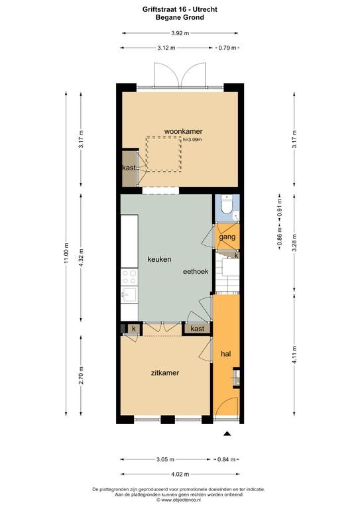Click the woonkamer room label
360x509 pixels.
coord(183,131)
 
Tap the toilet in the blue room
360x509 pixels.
coord(227,205)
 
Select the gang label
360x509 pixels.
coord(227,237)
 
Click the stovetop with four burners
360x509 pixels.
coord(129,277)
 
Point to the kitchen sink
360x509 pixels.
coord(129,295)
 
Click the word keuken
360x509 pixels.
coord(159,259)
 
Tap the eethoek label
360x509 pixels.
coord(196,271)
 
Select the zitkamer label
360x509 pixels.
coord(165,373)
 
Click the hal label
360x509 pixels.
coord(225,353)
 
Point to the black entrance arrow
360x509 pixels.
coord(227,433)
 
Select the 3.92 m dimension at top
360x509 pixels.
coord(180,32)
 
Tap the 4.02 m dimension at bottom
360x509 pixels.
coord(180,475)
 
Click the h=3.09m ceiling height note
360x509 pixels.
coord(192,140)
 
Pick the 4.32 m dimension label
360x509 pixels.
coord(81,258)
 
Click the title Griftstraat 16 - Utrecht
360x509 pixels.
coord(180,9)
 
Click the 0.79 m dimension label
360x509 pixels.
coord(227,48)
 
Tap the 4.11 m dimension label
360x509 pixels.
coord(295,355)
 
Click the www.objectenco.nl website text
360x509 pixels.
coord(179,500)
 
